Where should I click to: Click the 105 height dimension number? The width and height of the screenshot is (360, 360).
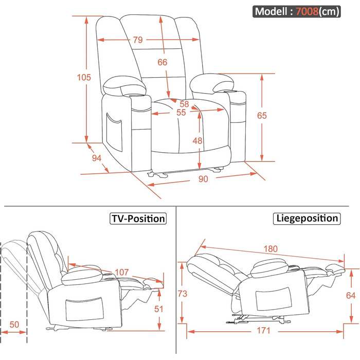[84, 78]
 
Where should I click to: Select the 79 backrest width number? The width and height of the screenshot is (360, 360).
[137, 40]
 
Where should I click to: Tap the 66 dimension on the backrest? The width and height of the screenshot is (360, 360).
[163, 62]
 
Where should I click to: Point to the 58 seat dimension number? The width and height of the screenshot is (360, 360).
[184, 104]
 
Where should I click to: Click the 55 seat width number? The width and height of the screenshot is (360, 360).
[181, 112]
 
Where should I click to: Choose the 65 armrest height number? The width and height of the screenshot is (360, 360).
[262, 116]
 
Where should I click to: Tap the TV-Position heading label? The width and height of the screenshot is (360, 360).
[138, 219]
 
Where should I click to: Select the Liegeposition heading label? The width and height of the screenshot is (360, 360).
[306, 218]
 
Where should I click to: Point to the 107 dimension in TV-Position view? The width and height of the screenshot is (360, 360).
[121, 272]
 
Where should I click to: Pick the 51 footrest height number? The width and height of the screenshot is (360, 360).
[159, 309]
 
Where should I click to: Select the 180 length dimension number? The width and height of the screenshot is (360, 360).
[271, 249]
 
